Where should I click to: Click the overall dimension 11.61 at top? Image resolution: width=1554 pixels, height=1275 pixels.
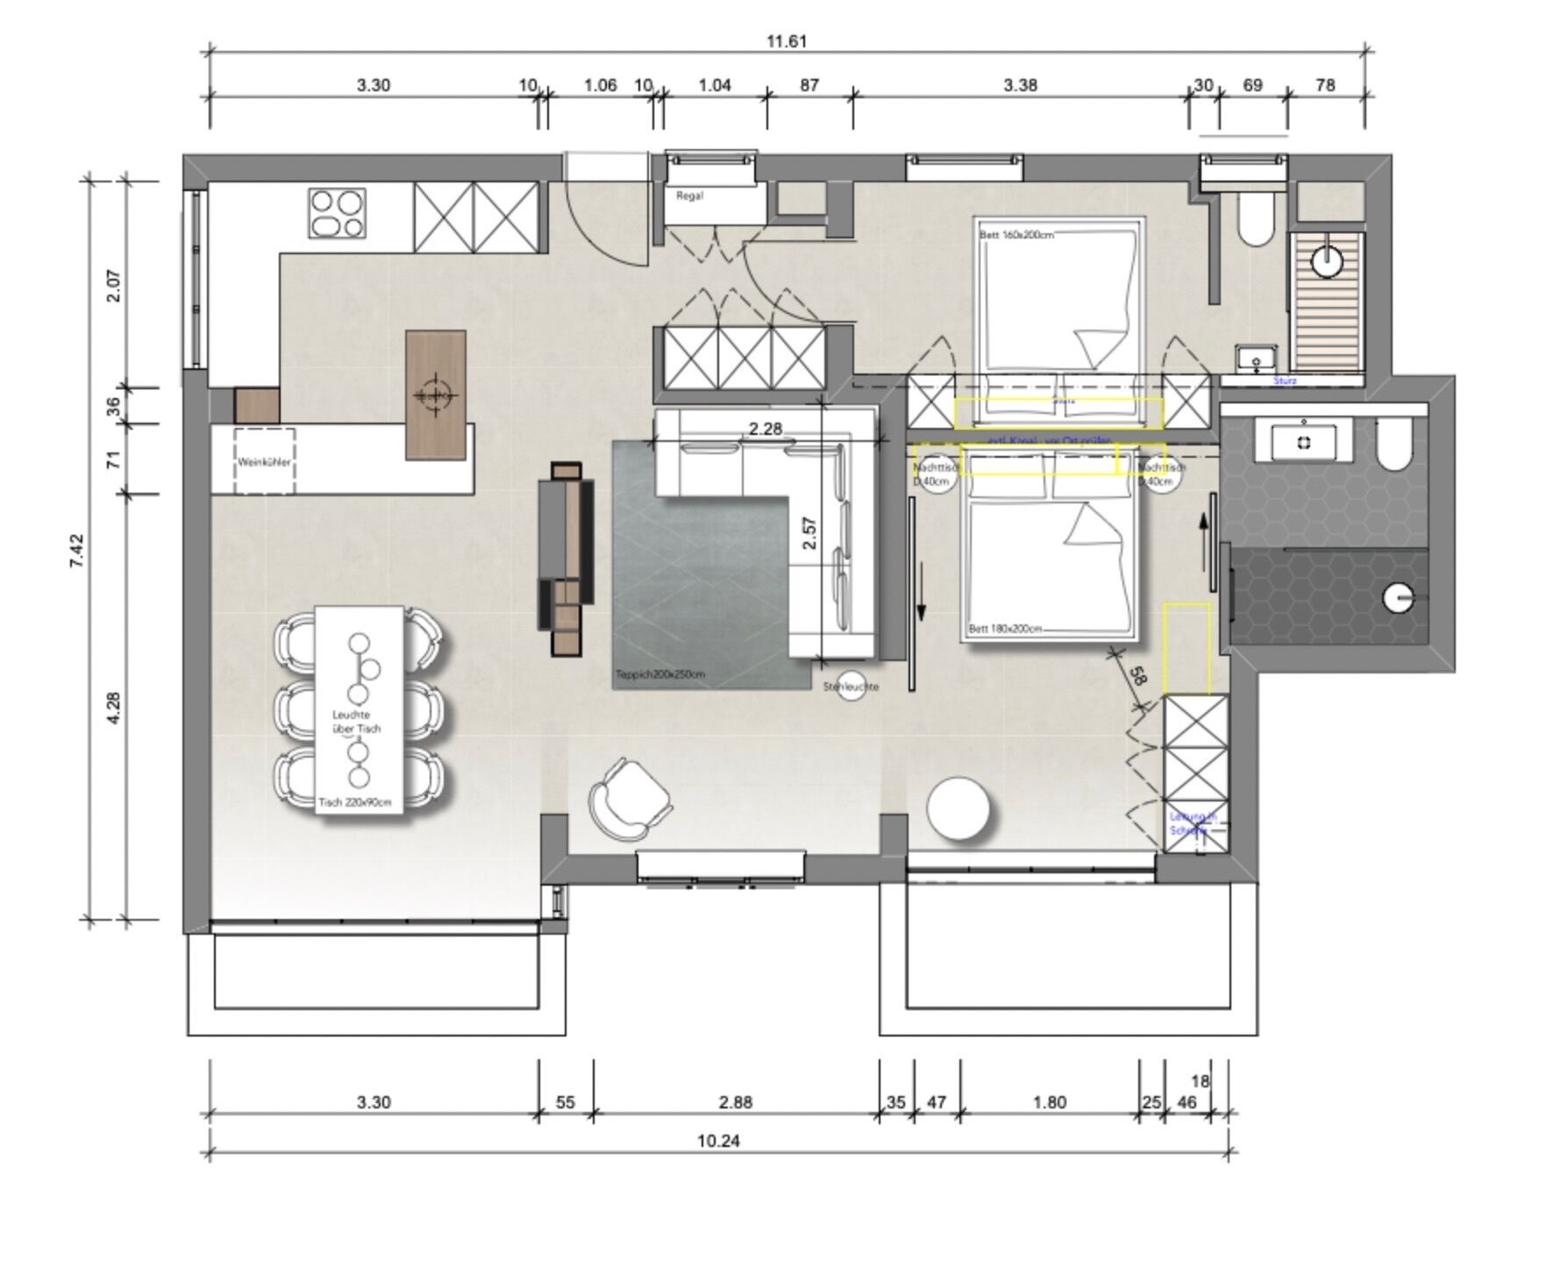(x=786, y=41)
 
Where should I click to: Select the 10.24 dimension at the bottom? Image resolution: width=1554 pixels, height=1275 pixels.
(x=717, y=1141)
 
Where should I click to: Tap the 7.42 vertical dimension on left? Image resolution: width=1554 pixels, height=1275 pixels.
(x=77, y=551)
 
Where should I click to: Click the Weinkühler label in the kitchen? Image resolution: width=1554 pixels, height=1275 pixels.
(x=264, y=461)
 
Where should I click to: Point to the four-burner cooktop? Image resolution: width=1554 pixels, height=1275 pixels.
(x=337, y=214)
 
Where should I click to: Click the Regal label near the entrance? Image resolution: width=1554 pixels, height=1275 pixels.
(x=689, y=196)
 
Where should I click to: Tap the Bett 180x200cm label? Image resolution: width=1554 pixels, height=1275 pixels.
(x=1006, y=629)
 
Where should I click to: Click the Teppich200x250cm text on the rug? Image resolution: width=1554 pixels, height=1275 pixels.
(x=660, y=674)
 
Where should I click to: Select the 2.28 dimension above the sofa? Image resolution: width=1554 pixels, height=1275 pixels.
(x=765, y=429)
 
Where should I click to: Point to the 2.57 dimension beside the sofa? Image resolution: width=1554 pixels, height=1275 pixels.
(x=809, y=533)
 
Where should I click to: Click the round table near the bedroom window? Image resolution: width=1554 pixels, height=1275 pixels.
(x=959, y=808)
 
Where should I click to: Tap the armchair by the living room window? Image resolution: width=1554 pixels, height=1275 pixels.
(x=628, y=799)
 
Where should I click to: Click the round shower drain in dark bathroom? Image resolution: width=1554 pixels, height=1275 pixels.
(x=1398, y=598)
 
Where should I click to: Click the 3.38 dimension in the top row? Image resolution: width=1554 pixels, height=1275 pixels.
(x=1020, y=85)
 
